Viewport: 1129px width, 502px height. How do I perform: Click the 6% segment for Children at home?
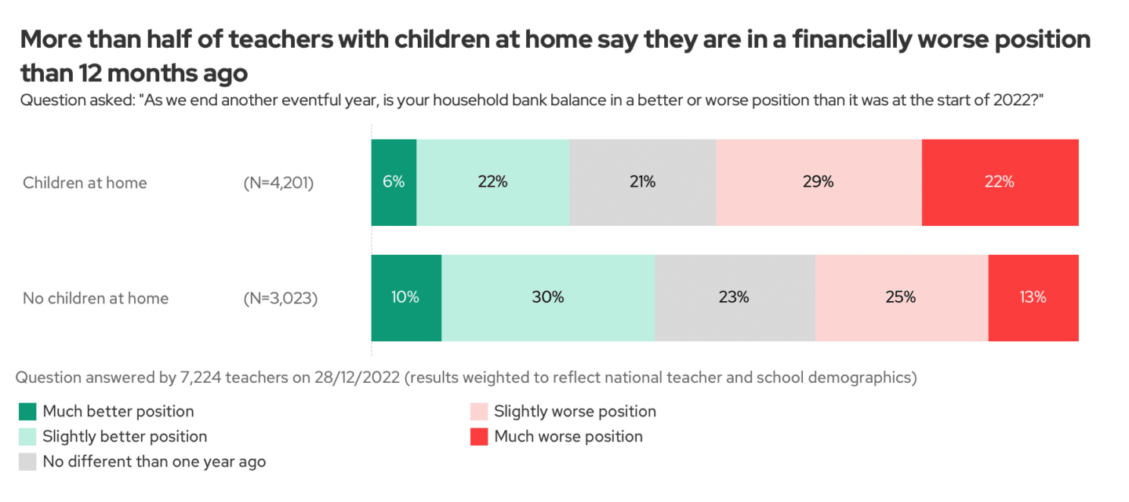[394, 183]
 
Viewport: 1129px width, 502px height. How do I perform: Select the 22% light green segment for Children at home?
[493, 183]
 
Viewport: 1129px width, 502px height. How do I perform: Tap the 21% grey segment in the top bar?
[643, 183]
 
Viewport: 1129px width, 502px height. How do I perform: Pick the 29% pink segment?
[819, 183]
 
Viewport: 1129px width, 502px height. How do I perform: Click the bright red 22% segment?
[1000, 183]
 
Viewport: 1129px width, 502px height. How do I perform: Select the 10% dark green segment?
[406, 298]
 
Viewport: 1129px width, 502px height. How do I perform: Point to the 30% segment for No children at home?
[548, 298]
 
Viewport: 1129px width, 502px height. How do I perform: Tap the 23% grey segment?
[735, 298]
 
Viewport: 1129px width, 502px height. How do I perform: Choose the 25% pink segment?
[902, 298]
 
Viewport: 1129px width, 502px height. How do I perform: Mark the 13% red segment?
[1033, 298]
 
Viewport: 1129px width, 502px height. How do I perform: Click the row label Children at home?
[85, 184]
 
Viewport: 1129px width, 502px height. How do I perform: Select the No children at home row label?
[96, 299]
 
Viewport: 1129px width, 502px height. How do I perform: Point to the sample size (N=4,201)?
[279, 184]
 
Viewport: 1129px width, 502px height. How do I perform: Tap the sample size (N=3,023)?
[280, 299]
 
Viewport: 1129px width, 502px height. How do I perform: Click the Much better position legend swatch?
[27, 412]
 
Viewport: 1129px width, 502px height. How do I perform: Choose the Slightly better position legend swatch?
[27, 437]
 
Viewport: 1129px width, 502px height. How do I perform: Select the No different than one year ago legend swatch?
[27, 462]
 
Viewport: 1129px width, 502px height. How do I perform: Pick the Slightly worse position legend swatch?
[479, 412]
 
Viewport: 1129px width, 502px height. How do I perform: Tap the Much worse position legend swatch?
[479, 437]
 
